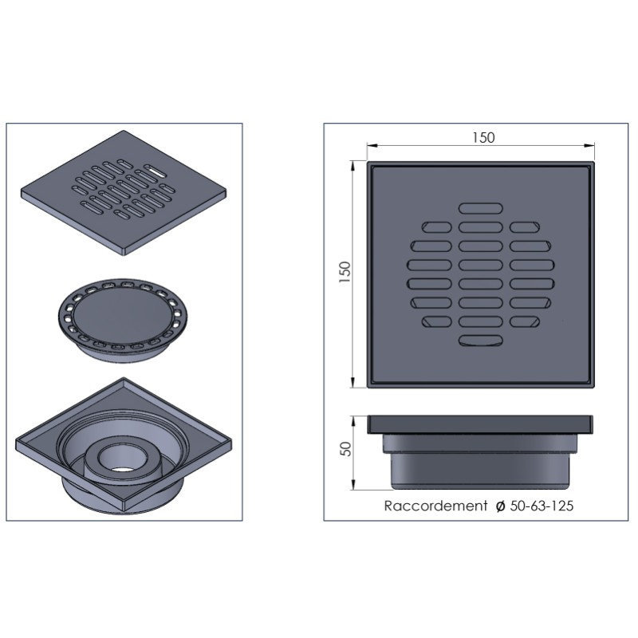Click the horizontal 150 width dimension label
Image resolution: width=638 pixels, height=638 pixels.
(x=483, y=137)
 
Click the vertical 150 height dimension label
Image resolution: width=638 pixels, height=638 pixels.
(x=345, y=272)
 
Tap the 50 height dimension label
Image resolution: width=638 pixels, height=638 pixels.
(x=345, y=449)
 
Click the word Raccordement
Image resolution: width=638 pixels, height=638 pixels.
(x=435, y=506)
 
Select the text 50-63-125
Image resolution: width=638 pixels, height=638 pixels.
(x=542, y=506)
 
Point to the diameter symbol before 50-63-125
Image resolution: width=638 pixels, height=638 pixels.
(x=501, y=506)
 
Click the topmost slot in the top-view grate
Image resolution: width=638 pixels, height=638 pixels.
(x=481, y=208)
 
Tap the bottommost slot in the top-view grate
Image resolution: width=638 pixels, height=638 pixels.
(x=481, y=341)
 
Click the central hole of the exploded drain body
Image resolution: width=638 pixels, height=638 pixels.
(x=119, y=460)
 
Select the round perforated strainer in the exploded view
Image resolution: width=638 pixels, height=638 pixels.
(x=124, y=320)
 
